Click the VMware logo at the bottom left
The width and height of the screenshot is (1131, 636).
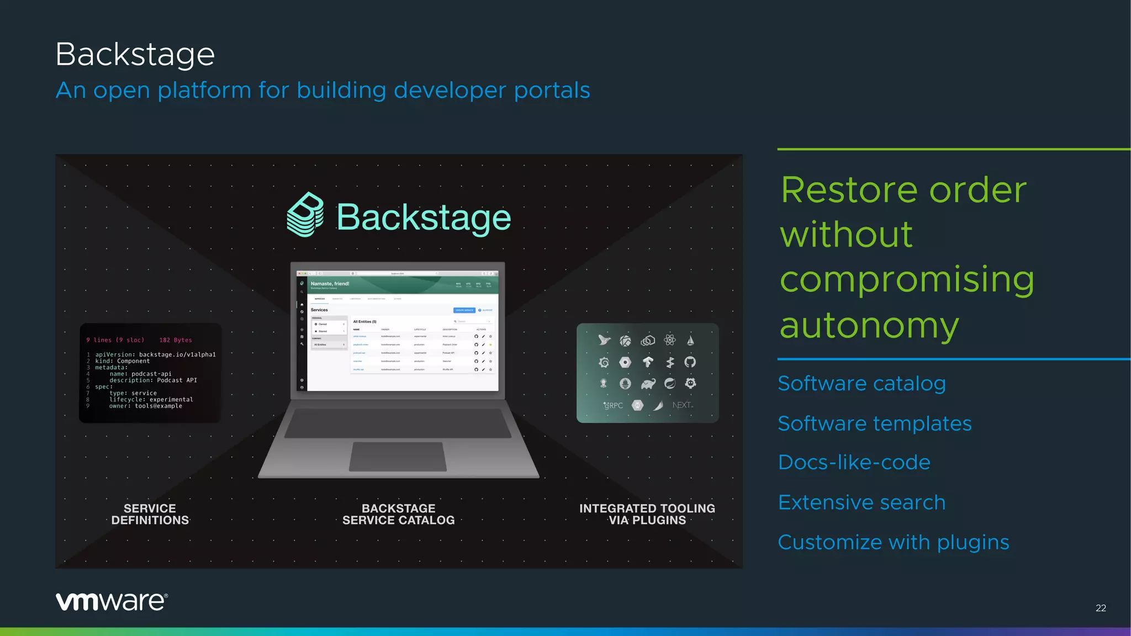[112, 601]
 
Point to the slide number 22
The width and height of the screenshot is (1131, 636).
[1101, 608]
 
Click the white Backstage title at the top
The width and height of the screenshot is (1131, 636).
[135, 54]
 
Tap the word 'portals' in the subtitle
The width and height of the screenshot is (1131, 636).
[552, 90]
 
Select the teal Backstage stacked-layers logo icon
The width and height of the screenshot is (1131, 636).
[305, 215]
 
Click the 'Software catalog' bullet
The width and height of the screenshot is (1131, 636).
[862, 383]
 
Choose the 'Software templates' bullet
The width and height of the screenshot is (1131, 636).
[874, 423]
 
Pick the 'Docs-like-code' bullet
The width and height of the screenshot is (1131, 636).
[854, 462]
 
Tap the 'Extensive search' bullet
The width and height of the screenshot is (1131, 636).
[862, 502]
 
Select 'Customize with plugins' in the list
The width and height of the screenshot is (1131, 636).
[893, 542]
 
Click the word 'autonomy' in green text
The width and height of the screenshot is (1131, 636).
[869, 325]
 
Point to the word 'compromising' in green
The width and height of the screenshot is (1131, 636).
[906, 279]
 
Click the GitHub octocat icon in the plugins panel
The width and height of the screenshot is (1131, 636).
[690, 362]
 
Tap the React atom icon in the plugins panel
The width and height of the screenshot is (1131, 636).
[670, 340]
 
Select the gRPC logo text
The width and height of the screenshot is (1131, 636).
[613, 405]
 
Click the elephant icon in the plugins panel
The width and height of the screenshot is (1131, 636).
[648, 384]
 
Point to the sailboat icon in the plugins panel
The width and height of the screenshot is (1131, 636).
[690, 341]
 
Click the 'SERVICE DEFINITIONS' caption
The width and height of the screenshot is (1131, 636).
[150, 514]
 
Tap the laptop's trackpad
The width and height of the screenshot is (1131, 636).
[398, 457]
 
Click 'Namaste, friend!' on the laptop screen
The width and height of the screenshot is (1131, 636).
[330, 284]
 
